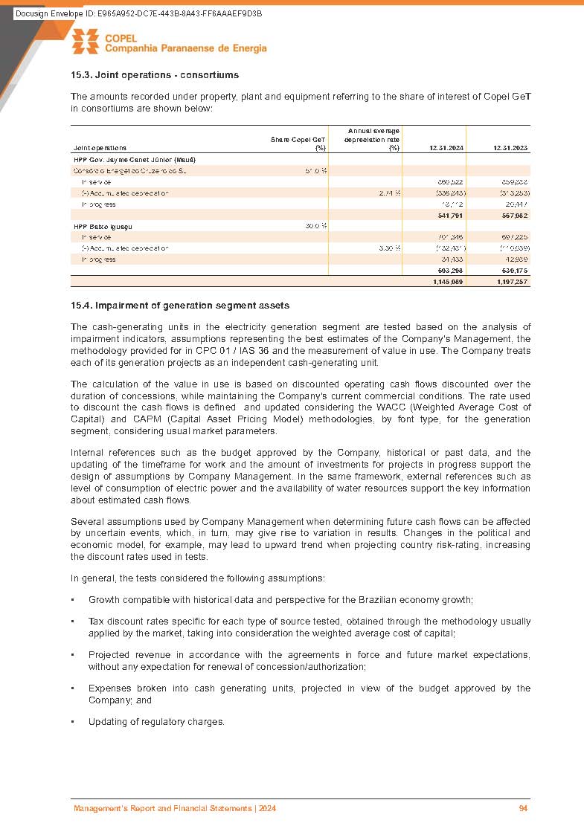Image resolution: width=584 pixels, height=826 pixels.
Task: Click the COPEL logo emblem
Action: [x=85, y=42]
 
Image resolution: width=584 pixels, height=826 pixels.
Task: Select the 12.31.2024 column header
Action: [x=446, y=148]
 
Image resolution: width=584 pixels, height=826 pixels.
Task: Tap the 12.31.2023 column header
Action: [x=510, y=148]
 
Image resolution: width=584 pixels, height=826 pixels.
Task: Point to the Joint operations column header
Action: [x=100, y=148]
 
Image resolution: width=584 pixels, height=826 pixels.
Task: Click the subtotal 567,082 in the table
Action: [x=513, y=215]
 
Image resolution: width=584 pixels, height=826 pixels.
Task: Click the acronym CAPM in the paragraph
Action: [x=129, y=420]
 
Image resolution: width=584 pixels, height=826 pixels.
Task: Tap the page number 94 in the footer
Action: [x=523, y=808]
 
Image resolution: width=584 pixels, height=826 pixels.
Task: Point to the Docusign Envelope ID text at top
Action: [x=138, y=14]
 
